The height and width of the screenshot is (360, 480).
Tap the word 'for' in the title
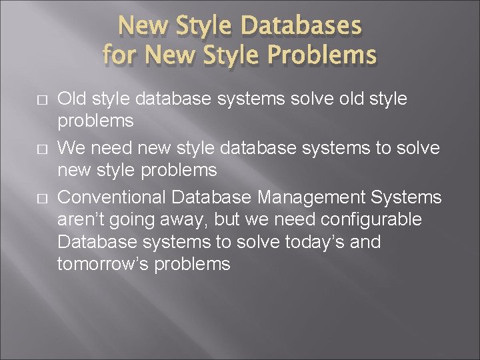pos(119,54)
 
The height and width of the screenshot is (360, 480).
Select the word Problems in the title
pos(322,54)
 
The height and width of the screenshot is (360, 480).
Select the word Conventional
pos(111,197)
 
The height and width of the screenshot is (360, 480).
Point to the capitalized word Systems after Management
pos(406,197)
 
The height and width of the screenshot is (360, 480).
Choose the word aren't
pos(82,219)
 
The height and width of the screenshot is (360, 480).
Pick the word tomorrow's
pos(102,265)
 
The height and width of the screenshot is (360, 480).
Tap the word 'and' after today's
pos(365,242)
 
